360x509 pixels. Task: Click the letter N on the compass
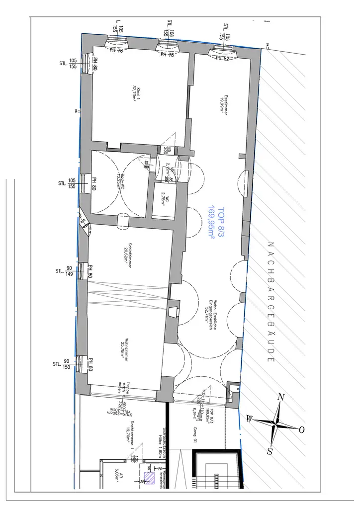281,397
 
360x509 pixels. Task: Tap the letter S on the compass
270,451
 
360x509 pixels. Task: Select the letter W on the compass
248,419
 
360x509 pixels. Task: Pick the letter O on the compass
301,429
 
